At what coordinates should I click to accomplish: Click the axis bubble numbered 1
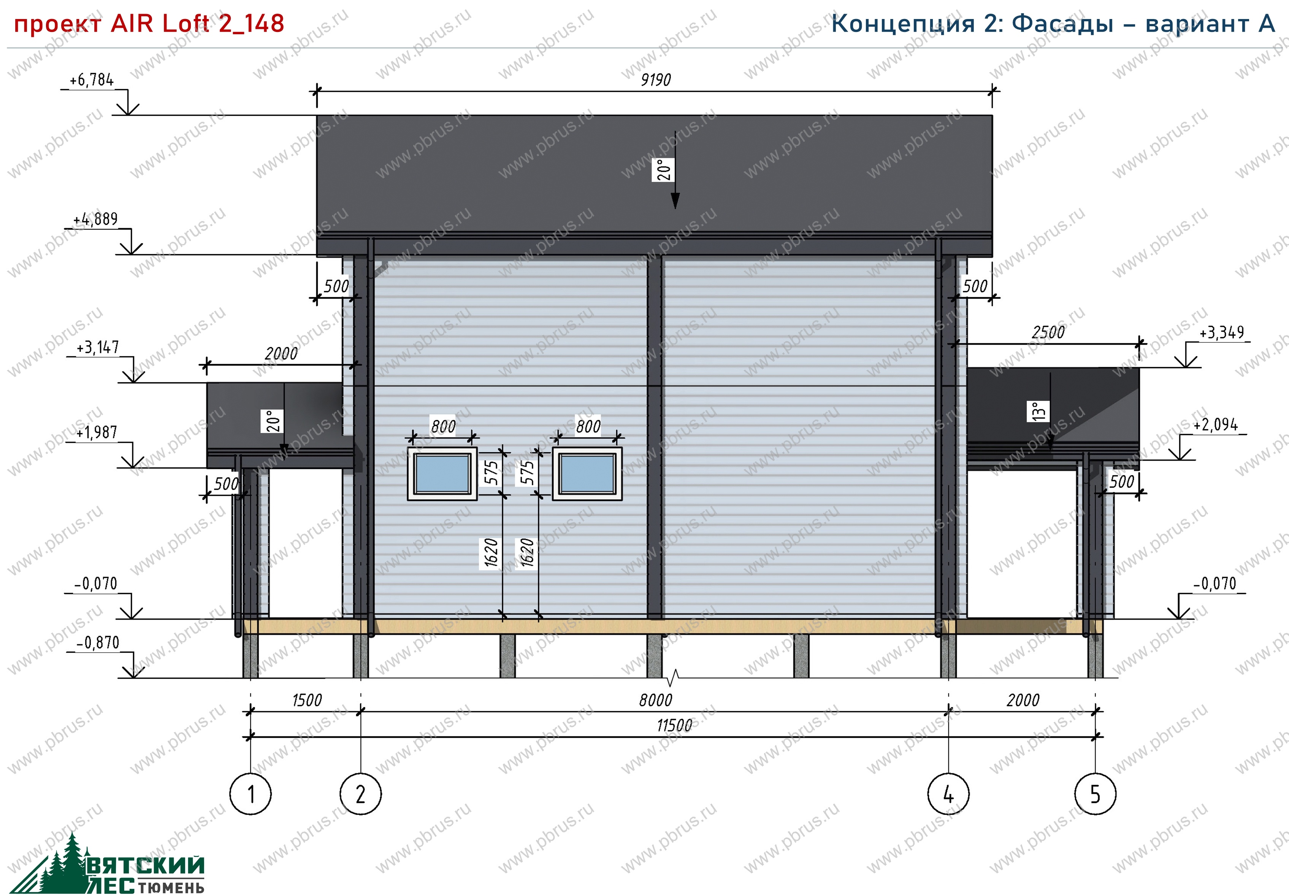251,794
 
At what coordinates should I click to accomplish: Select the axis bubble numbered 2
360,794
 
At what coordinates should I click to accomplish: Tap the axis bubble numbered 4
948,794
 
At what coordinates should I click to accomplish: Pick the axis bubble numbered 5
1095,794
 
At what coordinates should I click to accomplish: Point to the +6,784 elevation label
91,80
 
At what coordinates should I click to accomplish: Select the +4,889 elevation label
95,219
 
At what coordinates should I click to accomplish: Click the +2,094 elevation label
1216,425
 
